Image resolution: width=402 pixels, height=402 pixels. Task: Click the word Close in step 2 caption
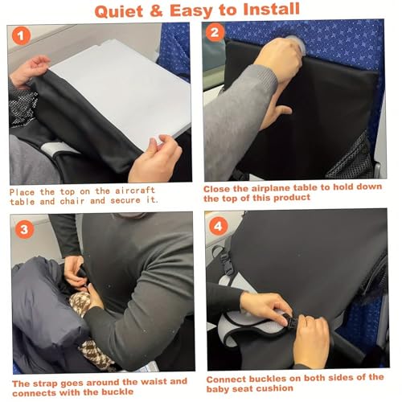point(220,188)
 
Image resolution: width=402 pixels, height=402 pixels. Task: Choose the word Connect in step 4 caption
point(228,377)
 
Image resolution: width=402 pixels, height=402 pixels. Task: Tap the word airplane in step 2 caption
point(277,188)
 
